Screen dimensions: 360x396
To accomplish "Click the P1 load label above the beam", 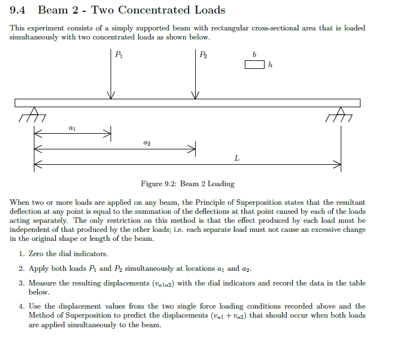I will (118, 55).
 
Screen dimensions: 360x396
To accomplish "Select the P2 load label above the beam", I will (203, 55).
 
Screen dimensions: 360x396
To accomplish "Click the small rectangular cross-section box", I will (254, 65).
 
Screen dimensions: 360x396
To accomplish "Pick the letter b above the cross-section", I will (254, 55).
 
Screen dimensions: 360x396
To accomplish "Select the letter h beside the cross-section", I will (270, 65).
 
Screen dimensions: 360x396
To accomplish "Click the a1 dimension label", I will (72, 129).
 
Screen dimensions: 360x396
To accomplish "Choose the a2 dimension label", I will (147, 144).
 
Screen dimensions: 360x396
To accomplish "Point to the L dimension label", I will (236, 159).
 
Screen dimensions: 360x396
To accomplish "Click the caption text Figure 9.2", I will (159, 183).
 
